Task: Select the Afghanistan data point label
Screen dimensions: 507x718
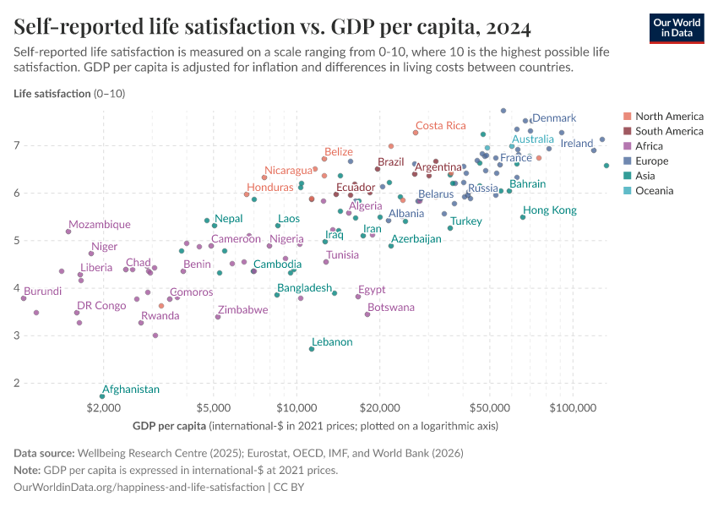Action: (x=130, y=390)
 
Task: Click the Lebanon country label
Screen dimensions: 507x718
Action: (x=332, y=342)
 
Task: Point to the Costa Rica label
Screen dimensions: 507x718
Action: (x=440, y=126)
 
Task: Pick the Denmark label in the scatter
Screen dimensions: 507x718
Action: (x=554, y=118)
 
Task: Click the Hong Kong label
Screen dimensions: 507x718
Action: (x=549, y=210)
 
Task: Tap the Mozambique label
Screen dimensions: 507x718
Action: (x=100, y=225)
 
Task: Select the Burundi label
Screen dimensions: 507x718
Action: (x=42, y=292)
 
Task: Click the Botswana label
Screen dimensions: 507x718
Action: (x=391, y=308)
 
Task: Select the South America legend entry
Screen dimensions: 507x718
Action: (x=668, y=131)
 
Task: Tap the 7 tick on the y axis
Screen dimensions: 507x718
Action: (x=17, y=146)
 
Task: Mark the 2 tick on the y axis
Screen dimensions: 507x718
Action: (x=17, y=384)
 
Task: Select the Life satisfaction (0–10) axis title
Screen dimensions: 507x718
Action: (x=69, y=94)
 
